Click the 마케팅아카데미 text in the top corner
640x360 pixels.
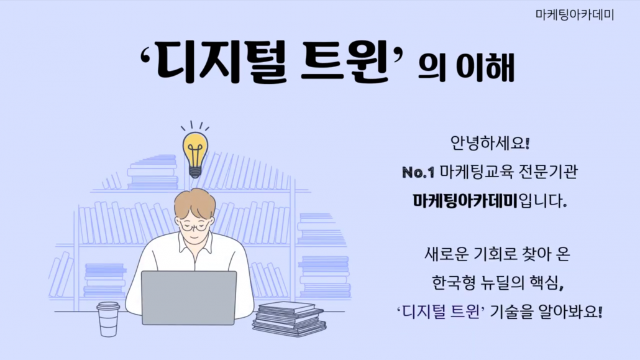[x=575, y=15]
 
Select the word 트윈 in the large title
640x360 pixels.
[x=344, y=63]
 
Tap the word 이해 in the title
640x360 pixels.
[x=485, y=67]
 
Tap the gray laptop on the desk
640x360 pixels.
[x=189, y=297]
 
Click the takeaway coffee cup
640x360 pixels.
[x=108, y=319]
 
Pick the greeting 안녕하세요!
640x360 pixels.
[x=490, y=143]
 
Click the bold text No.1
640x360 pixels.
[x=418, y=172]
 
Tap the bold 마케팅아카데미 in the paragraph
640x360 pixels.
[x=465, y=201]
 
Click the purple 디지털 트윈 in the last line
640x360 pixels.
[x=441, y=312]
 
